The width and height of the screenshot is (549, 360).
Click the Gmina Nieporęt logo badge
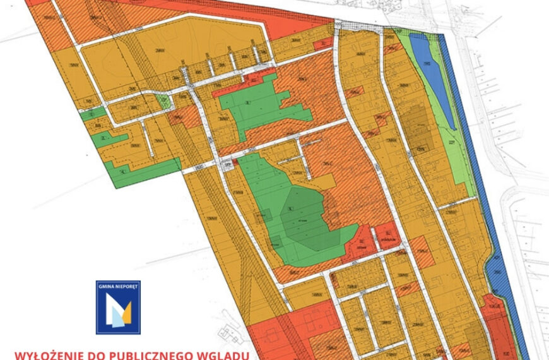118,307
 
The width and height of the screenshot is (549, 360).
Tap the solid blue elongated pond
429,79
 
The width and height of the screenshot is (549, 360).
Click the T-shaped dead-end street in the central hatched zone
305,152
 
